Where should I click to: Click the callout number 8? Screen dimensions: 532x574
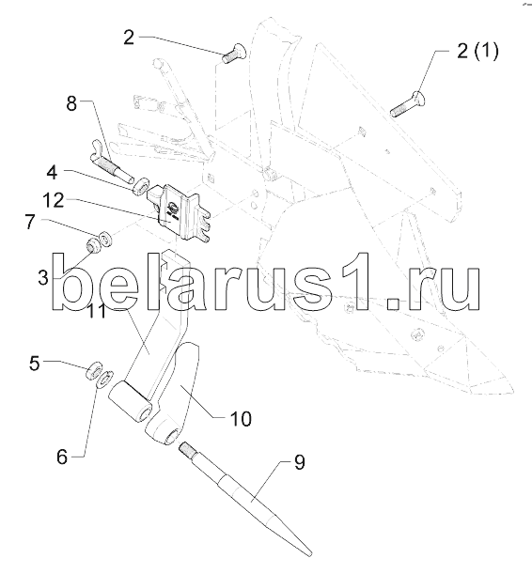(x=71, y=103)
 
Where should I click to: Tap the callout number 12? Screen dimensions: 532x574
(x=54, y=200)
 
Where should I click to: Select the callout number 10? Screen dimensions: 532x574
(x=241, y=419)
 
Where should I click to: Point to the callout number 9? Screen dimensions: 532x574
(x=299, y=463)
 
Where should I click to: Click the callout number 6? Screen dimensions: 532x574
(x=62, y=458)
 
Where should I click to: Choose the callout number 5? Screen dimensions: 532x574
(x=35, y=364)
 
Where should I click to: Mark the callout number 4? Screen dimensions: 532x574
(x=52, y=172)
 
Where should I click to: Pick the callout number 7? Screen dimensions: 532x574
(x=30, y=222)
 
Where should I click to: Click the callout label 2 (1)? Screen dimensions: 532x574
(x=477, y=51)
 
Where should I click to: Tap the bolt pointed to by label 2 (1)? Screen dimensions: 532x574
(x=408, y=103)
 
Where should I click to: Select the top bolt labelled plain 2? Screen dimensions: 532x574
(x=234, y=55)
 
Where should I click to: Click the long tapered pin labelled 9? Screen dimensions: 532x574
(x=245, y=499)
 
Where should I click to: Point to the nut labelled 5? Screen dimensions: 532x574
(x=93, y=370)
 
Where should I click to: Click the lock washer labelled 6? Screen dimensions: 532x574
(x=105, y=379)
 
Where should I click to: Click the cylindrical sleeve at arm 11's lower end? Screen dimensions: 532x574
(x=130, y=401)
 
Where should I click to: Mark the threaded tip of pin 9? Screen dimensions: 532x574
(x=187, y=449)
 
